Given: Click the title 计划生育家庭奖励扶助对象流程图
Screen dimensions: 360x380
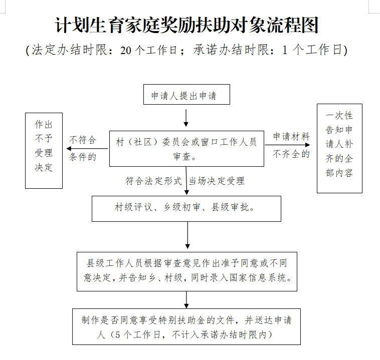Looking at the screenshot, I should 186,26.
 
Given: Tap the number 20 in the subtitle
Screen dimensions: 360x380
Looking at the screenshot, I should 126,50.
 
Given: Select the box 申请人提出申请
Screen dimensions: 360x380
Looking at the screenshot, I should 186,95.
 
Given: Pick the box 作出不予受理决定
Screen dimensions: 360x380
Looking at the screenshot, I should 44,150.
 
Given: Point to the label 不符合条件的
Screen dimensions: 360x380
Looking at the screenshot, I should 82,148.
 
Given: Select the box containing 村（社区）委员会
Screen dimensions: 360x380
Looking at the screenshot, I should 186,149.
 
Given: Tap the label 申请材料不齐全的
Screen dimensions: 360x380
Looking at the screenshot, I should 291,145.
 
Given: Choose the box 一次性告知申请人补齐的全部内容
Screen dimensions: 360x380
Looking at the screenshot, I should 339,148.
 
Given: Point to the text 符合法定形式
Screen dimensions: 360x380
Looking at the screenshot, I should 153,181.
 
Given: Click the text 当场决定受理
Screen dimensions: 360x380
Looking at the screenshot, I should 217,181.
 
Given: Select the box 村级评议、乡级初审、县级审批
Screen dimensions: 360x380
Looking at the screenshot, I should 186,208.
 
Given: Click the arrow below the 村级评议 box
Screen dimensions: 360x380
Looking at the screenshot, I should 187,235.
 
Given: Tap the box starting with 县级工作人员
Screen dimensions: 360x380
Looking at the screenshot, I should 186,271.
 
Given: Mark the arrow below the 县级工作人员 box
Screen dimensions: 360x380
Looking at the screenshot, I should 186,300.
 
